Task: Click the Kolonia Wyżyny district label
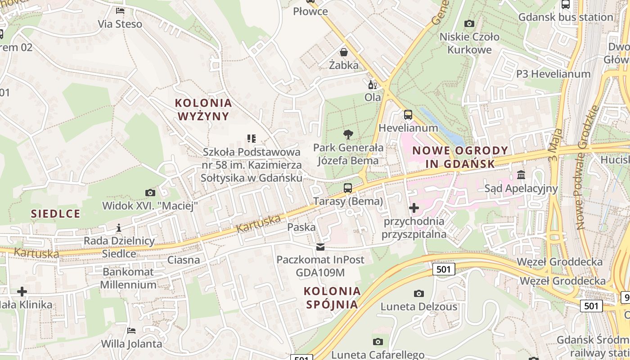(x=203, y=109)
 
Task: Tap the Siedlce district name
(x=56, y=213)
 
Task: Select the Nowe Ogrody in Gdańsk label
(x=460, y=157)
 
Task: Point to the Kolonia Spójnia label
(x=332, y=297)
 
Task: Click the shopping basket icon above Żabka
(x=344, y=52)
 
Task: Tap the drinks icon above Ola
(x=372, y=85)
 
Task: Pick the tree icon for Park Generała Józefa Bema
(x=348, y=134)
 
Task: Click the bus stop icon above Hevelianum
(x=408, y=115)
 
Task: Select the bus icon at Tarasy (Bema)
(x=348, y=188)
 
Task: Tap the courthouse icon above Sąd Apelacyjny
(x=521, y=175)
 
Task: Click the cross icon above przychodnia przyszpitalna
(x=414, y=208)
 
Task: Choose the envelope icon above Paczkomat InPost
(x=320, y=247)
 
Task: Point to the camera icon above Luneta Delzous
(x=419, y=294)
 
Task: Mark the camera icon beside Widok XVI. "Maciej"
(x=150, y=193)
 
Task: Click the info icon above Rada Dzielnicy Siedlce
(x=119, y=228)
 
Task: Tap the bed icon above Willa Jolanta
(x=131, y=331)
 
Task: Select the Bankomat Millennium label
(x=128, y=278)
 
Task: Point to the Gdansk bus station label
(x=566, y=17)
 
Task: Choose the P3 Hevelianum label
(x=553, y=74)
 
